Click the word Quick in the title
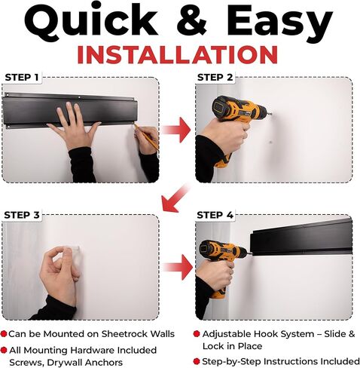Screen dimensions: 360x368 [91, 21]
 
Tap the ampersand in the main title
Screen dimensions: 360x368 [192, 20]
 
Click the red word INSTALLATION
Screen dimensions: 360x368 [178, 55]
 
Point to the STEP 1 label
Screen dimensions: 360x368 [22, 78]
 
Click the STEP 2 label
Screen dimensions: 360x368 [215, 78]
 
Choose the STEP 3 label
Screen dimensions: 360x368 [22, 215]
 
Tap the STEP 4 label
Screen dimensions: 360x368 [215, 215]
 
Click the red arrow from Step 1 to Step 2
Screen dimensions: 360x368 [176, 130]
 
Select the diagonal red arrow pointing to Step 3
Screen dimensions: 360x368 [175, 198]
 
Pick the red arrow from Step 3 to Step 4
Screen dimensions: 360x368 [178, 267]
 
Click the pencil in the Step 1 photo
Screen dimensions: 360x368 [146, 136]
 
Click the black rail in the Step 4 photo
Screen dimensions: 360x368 [301, 239]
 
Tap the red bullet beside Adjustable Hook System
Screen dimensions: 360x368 [197, 334]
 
